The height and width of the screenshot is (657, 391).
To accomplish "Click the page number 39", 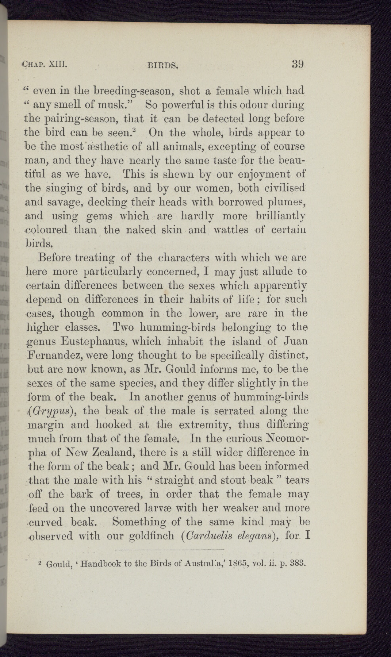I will click(x=298, y=64).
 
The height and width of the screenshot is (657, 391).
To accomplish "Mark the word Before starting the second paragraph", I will click(x=58, y=258).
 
